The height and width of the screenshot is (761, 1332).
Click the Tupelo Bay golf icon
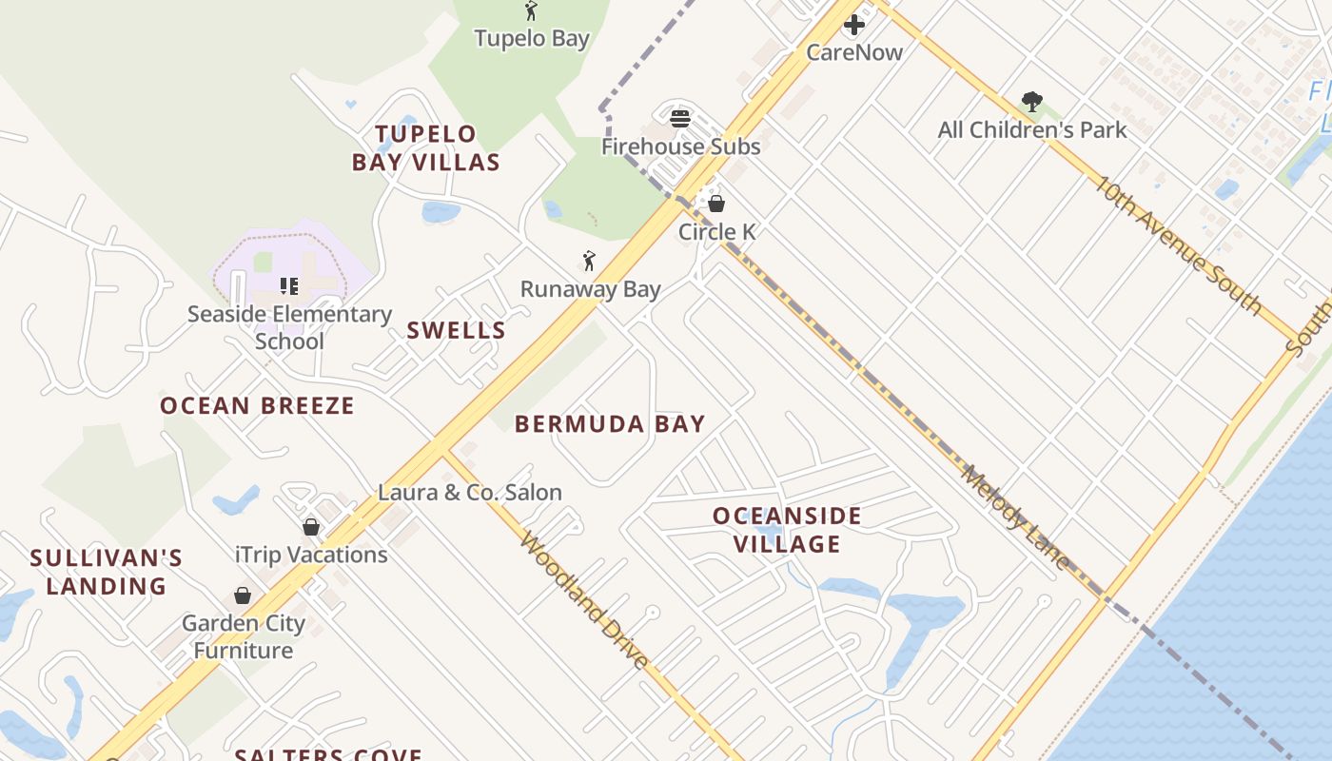(531, 11)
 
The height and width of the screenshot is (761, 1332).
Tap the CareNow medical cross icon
(854, 25)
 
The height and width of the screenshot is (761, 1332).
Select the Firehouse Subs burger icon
(679, 119)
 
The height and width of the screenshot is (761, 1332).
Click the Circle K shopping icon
(716, 204)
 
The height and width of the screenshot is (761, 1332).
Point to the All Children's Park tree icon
(1031, 102)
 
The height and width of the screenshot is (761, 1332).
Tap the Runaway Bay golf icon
(589, 261)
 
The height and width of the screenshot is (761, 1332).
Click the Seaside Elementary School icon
(289, 285)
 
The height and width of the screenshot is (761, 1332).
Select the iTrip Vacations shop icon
(311, 527)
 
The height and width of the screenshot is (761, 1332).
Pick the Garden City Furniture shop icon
(243, 595)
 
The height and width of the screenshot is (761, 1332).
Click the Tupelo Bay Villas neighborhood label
(425, 148)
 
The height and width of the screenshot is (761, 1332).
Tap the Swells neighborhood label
(456, 331)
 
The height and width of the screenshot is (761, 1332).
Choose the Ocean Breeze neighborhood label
(257, 406)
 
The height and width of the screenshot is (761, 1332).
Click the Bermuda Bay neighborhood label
(610, 424)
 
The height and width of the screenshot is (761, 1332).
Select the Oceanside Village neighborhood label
(787, 530)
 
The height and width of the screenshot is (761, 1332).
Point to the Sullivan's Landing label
(106, 572)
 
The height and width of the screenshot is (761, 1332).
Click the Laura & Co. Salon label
(470, 493)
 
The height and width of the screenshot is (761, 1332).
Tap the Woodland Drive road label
(585, 601)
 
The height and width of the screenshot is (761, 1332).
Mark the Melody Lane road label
(1015, 517)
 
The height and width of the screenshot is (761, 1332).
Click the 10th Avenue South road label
(1175, 244)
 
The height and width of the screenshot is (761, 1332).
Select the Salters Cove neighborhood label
(328, 754)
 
